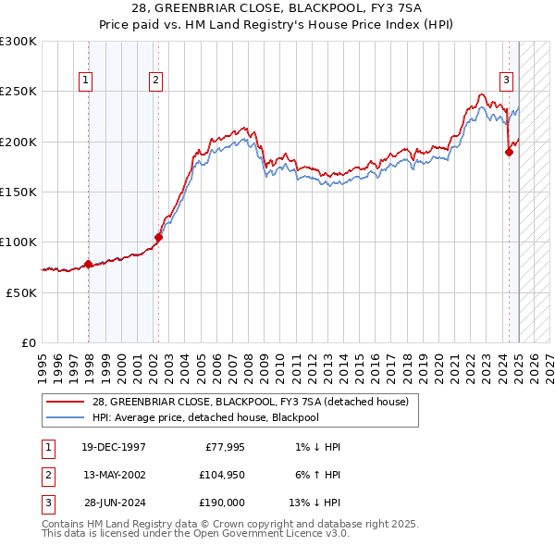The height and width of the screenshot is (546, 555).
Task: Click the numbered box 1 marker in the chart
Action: tap(85, 81)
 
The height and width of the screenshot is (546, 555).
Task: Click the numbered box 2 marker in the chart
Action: tap(155, 81)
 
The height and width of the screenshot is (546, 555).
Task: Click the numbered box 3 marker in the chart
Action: tap(507, 81)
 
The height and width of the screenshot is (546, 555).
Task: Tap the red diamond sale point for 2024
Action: tap(509, 153)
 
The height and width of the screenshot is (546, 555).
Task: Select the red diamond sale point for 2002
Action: tap(158, 237)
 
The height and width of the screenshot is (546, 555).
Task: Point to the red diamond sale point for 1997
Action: tap(89, 264)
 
